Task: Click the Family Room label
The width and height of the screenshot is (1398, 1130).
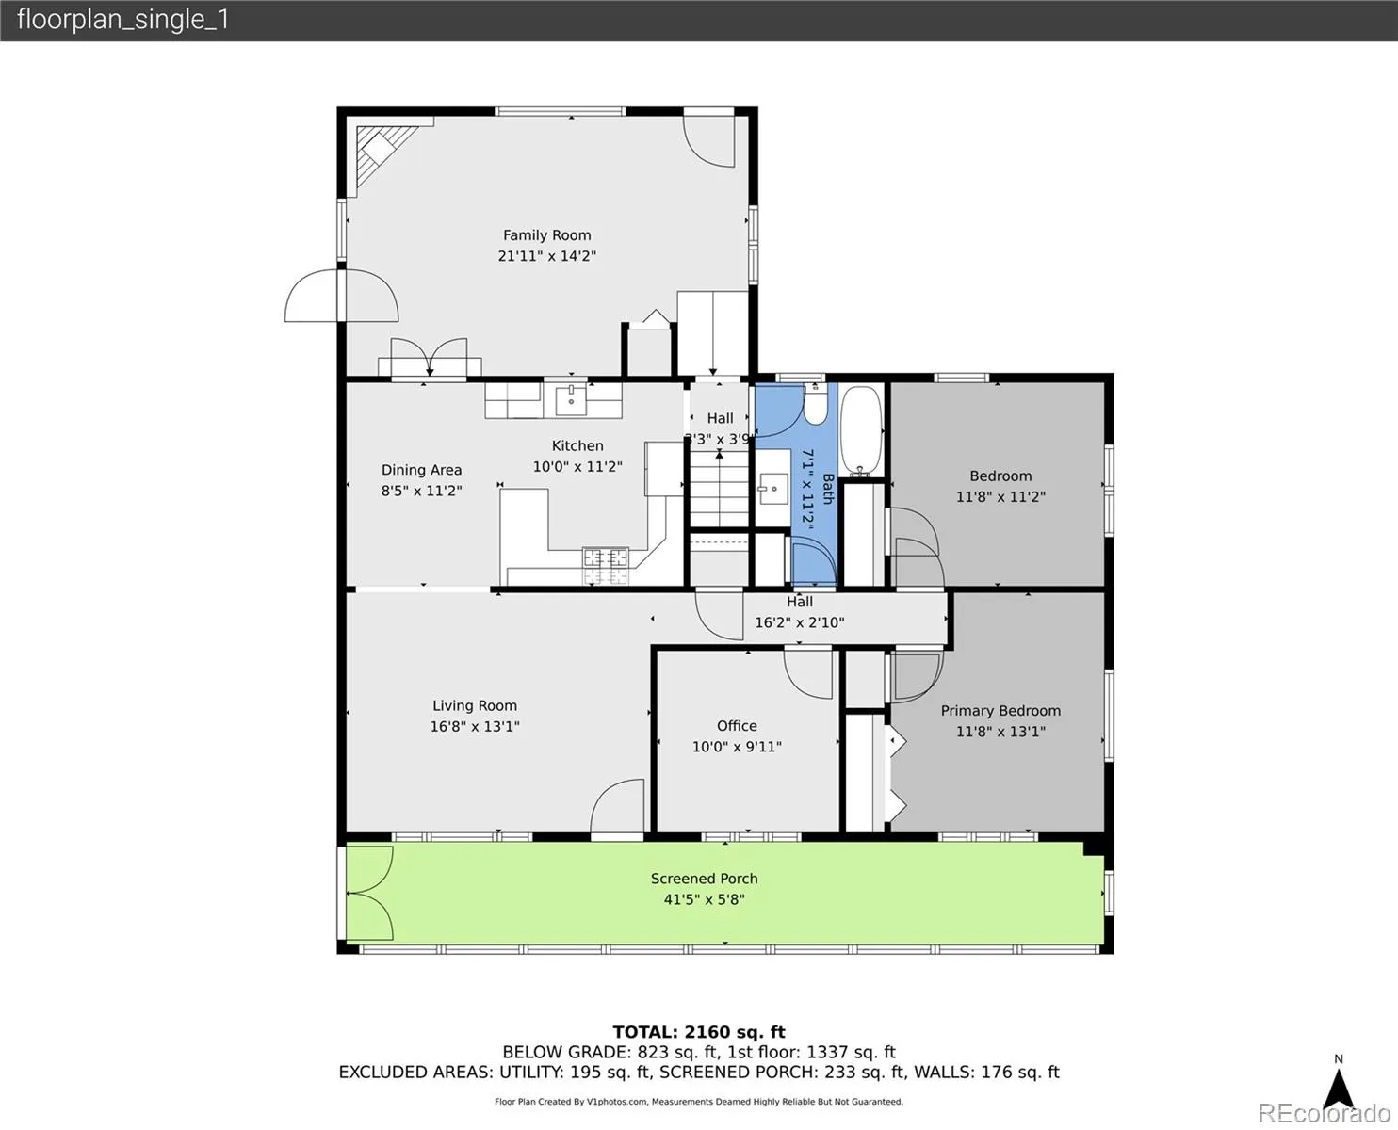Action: coord(546,234)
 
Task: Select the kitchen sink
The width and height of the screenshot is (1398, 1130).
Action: coord(571,399)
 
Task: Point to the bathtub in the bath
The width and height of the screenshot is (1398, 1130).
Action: coord(861,431)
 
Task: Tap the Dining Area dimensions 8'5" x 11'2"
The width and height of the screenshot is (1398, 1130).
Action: coord(421,491)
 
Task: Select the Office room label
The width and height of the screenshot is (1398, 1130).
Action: coord(737,725)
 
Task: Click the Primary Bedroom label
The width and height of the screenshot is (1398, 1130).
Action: coord(1000,710)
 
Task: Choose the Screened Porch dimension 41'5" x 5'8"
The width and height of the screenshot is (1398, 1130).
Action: coord(705,899)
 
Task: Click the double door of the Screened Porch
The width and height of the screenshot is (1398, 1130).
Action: coord(369,893)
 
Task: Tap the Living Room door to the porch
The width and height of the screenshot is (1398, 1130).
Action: coord(617,807)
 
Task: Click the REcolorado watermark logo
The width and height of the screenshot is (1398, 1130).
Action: coord(1324,1113)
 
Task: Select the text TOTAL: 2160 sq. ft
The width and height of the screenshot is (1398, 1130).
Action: coord(699,1032)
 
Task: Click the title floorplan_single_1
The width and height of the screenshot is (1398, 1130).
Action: coord(123,20)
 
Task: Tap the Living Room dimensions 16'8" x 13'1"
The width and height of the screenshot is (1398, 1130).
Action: coord(475,726)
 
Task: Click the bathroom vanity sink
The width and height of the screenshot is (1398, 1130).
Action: coord(773,488)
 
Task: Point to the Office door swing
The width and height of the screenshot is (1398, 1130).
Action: coord(808,673)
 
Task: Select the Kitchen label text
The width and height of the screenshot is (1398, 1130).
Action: coord(577,445)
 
